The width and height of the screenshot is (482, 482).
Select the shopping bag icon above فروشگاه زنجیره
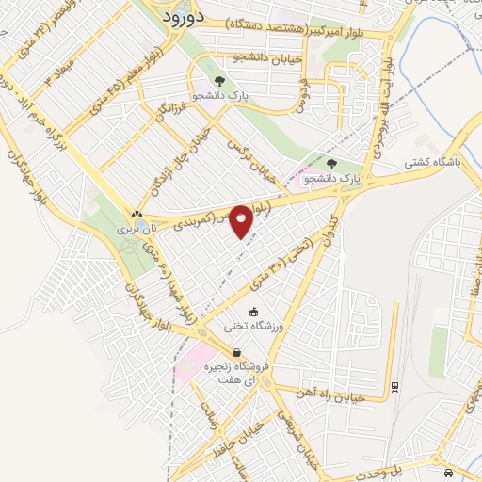point(236,352)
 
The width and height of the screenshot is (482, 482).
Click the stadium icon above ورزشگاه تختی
point(252,312)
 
